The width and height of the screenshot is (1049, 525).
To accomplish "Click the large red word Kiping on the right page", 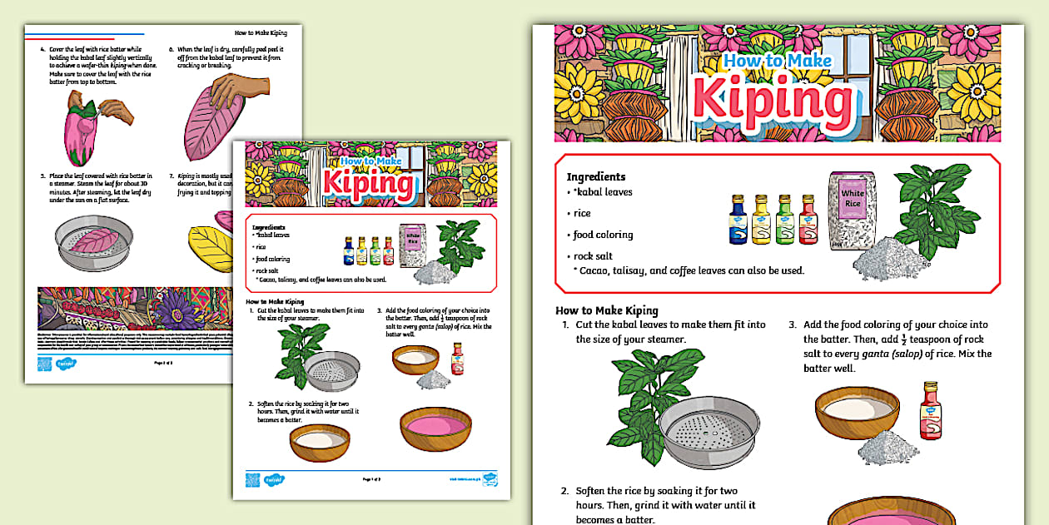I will pyautogui.click(x=773, y=97).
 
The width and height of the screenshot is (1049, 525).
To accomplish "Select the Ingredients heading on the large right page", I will pyautogui.click(x=595, y=176).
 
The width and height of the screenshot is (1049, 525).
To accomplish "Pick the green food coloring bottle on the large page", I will pyautogui.click(x=783, y=220).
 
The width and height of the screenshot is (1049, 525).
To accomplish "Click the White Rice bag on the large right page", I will pyautogui.click(x=853, y=210).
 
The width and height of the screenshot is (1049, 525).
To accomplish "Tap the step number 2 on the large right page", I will pyautogui.click(x=565, y=491).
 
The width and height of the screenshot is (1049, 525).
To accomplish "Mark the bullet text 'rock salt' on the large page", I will pyautogui.click(x=593, y=256).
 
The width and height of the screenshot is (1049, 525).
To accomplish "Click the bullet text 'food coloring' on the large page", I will pyautogui.click(x=603, y=235).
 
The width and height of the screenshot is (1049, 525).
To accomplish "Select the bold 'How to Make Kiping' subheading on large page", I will pyautogui.click(x=607, y=310).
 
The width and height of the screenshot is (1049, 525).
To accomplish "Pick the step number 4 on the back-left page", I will pyautogui.click(x=42, y=49).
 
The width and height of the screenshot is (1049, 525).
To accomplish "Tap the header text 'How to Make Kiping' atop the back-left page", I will pyautogui.click(x=261, y=32).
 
